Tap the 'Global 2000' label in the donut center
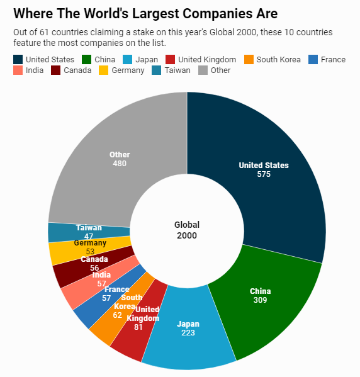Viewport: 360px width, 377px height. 186,230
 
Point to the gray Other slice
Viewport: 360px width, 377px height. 107,138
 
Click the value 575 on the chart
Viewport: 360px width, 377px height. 264,174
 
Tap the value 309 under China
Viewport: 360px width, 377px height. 260,300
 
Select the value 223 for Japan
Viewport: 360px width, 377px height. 188,333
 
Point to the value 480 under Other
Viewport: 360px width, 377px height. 120,164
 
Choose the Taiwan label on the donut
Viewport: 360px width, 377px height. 89,227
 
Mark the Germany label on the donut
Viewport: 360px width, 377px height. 90,243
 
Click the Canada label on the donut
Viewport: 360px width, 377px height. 94,259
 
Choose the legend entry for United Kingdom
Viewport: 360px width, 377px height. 201,60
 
